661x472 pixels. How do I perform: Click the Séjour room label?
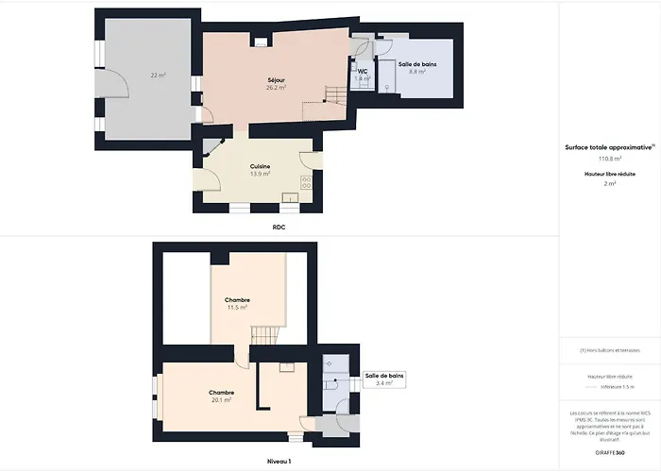(276, 80)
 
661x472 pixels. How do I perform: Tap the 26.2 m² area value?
(276, 88)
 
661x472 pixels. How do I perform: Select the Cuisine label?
(260, 166)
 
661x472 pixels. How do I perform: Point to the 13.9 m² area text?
(260, 174)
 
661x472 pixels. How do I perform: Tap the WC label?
(362, 71)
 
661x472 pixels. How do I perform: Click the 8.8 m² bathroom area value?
(416, 71)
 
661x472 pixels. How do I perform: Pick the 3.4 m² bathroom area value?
(383, 383)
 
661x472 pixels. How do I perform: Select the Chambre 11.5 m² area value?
(237, 308)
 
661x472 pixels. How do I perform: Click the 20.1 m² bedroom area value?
(222, 399)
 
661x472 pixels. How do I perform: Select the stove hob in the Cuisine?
(305, 183)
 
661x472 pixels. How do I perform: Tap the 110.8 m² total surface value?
(610, 160)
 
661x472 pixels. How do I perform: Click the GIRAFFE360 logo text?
(610, 453)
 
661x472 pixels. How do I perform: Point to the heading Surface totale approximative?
(609, 147)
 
